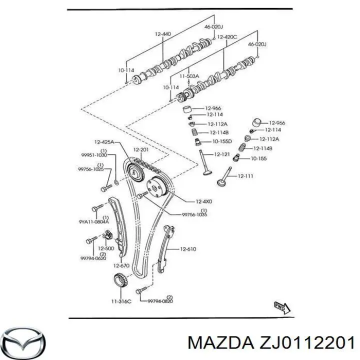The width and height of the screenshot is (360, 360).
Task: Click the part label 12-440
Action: pos(162,33)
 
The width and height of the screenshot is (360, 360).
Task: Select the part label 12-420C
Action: pos(226,36)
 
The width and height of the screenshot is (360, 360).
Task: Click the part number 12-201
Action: pos(141,150)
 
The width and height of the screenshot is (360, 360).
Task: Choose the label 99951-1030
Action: pos(95,155)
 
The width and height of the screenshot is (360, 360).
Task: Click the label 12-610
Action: pos(188,248)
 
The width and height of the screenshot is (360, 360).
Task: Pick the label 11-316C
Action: pos(121,301)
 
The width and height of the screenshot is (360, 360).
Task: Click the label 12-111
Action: pos(245,176)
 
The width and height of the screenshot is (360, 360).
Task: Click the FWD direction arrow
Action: pos(280,306)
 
